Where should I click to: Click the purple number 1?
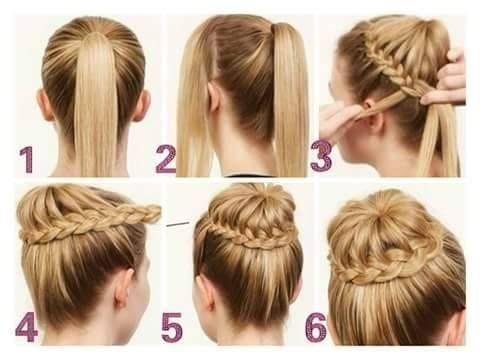[27, 160]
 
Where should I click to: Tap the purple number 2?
[166, 160]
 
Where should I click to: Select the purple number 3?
[321, 156]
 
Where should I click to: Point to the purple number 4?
[27, 328]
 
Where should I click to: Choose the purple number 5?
[172, 328]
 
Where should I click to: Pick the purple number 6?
[316, 328]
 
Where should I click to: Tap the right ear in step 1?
[142, 105]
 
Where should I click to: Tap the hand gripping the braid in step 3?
[448, 78]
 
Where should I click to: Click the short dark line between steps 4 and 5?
[178, 224]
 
